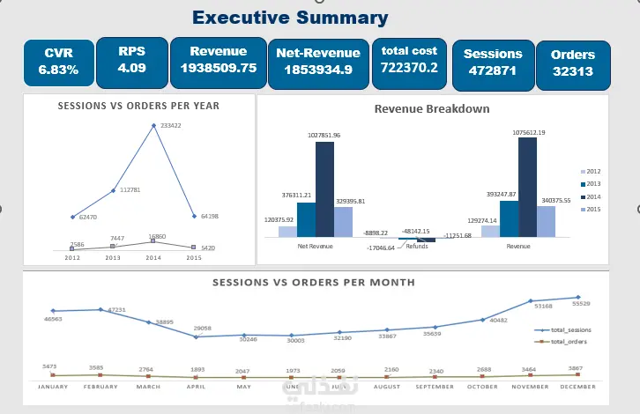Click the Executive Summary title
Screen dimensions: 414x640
[289, 18]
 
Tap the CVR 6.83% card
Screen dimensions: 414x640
[58, 62]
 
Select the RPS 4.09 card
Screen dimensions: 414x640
[131, 60]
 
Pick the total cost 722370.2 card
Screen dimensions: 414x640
[408, 60]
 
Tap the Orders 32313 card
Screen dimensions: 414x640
[572, 63]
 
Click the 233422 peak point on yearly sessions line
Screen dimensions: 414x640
[154, 126]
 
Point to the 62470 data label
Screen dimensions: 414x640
[86, 217]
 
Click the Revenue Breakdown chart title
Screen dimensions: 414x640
[432, 109]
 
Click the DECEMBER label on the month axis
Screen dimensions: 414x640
[577, 386]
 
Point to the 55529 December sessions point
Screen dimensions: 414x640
[578, 298]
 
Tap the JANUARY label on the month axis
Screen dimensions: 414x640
[53, 386]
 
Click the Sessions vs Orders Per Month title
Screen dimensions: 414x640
[314, 283]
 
